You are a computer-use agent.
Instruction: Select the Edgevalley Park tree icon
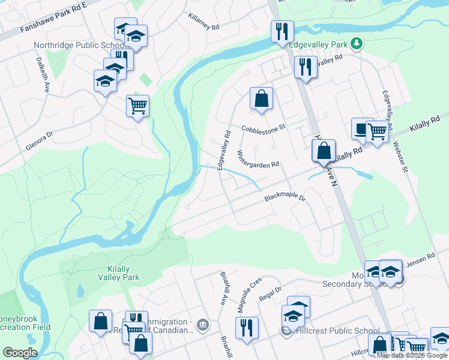click(357, 43)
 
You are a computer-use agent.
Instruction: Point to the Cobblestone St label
click(264, 128)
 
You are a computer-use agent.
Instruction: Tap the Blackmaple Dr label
click(285, 197)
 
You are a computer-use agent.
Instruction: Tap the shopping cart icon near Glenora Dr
click(137, 106)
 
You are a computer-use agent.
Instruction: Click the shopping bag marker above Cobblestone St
click(261, 98)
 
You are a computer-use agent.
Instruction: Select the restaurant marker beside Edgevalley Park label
click(282, 31)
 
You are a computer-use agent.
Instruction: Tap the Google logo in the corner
click(20, 353)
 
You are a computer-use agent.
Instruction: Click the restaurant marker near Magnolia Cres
click(247, 327)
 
